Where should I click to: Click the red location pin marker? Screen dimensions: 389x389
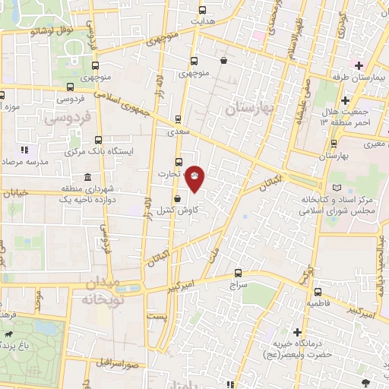click(x=195, y=177)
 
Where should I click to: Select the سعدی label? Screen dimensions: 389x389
click(x=179, y=131)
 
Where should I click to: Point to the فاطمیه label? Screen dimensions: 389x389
click(x=318, y=302)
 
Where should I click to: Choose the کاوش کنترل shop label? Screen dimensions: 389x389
click(x=178, y=209)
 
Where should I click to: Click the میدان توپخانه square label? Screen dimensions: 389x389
click(x=100, y=291)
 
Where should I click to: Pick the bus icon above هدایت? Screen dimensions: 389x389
click(x=202, y=11)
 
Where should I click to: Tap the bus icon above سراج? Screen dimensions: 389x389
click(x=238, y=273)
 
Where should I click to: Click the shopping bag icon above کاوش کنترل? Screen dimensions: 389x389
click(x=177, y=198)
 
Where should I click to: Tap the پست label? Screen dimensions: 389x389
click(x=157, y=315)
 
